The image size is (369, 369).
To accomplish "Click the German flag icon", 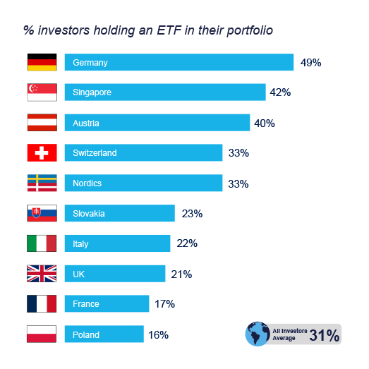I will [41, 62].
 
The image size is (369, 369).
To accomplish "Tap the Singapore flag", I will [41, 92].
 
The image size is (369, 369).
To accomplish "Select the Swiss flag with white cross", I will [41, 153].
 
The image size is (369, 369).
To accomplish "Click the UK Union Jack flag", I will [41, 274].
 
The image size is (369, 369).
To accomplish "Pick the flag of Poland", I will [41, 334].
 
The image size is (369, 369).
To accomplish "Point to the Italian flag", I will [41, 243].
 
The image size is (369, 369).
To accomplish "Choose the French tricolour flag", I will [41, 304].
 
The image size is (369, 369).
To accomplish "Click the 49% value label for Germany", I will [310, 63].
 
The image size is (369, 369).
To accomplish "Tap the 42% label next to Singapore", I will [281, 92].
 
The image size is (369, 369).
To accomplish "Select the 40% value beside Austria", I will [265, 123].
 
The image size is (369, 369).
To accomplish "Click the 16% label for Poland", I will [158, 335].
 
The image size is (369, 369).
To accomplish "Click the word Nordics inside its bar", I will [87, 183].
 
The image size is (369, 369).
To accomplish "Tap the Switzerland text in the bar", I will [95, 153].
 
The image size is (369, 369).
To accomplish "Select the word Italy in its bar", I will [81, 243].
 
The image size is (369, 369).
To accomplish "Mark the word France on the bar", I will [86, 304].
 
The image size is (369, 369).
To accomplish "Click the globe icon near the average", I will [258, 333].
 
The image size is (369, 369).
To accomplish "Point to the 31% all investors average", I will [325, 335].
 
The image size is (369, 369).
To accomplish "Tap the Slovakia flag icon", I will [41, 213].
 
